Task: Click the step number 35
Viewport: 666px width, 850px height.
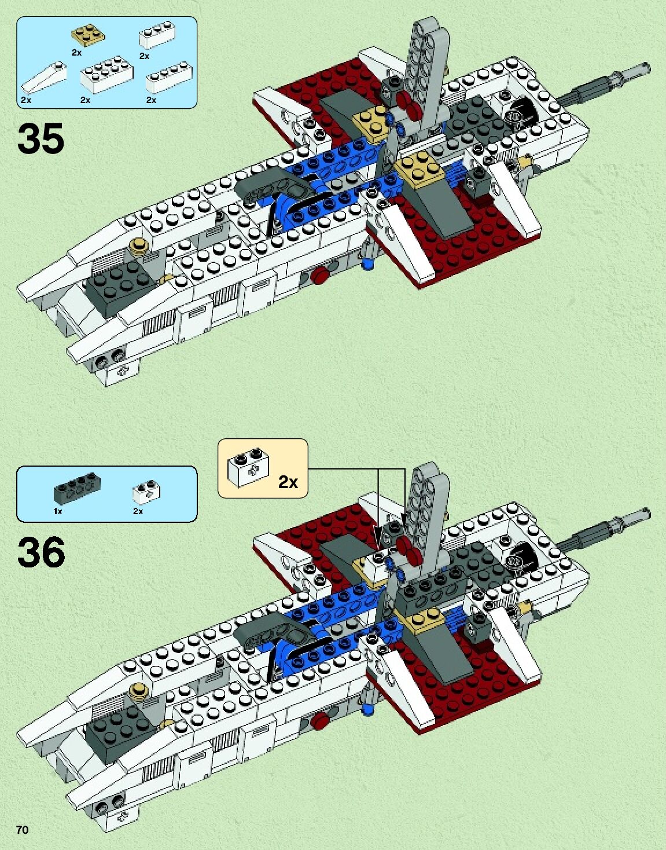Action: pyautogui.click(x=41, y=139)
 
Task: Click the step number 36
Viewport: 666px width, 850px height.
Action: pyautogui.click(x=41, y=552)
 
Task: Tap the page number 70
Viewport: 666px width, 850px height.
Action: pyautogui.click(x=22, y=830)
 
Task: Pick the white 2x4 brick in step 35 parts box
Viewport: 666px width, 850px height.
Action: pyautogui.click(x=106, y=75)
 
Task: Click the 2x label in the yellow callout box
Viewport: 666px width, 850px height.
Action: pyautogui.click(x=288, y=482)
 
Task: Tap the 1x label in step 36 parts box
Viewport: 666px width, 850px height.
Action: pyautogui.click(x=58, y=511)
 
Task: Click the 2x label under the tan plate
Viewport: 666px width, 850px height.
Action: pyautogui.click(x=76, y=52)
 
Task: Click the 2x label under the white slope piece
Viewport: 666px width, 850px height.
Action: pyautogui.click(x=26, y=100)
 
